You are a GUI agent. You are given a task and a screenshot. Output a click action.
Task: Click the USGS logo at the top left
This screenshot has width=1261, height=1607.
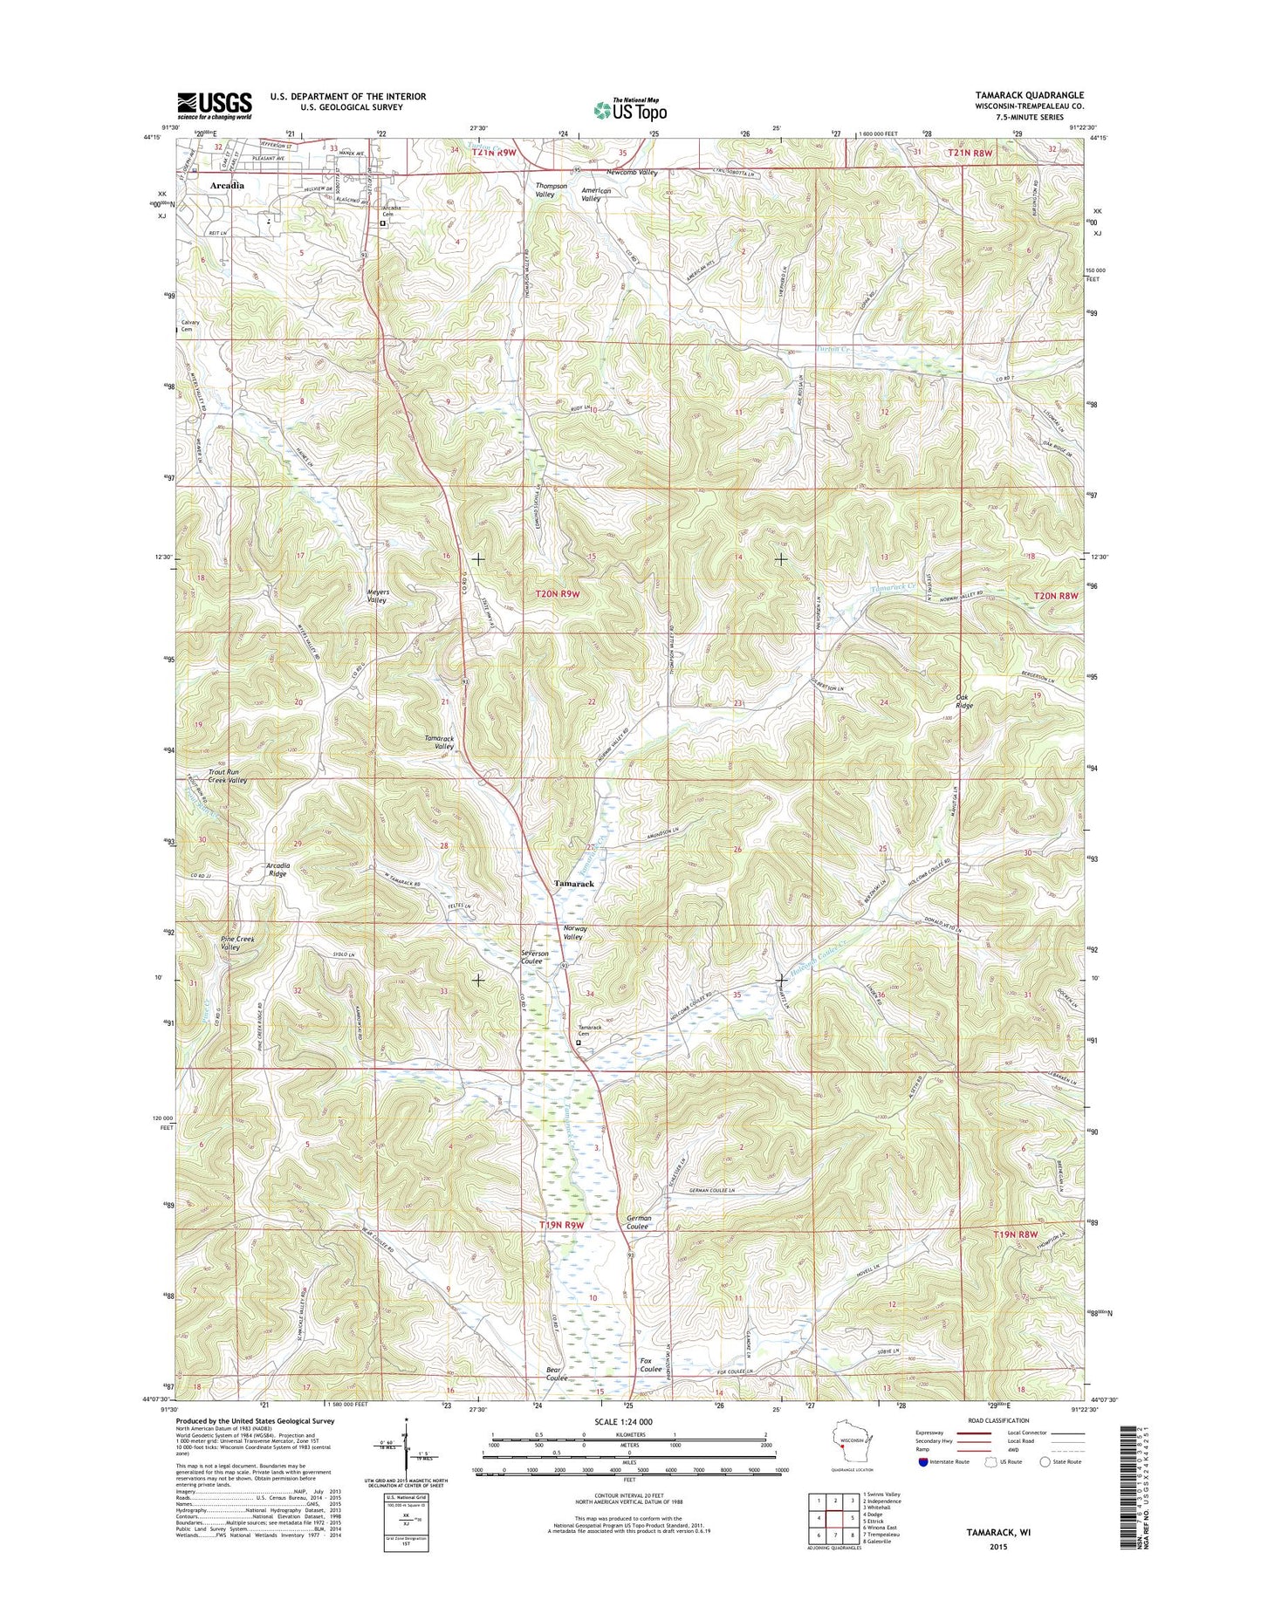(215, 105)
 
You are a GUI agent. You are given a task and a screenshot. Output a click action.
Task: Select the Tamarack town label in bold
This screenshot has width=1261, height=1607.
(574, 884)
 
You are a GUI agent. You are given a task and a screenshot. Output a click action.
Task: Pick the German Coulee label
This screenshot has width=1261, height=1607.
(639, 1222)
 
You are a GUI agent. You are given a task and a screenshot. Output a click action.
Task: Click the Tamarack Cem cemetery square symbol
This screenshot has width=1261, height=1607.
(579, 1041)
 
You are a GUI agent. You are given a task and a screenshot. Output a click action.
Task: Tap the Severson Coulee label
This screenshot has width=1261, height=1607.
(535, 957)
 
